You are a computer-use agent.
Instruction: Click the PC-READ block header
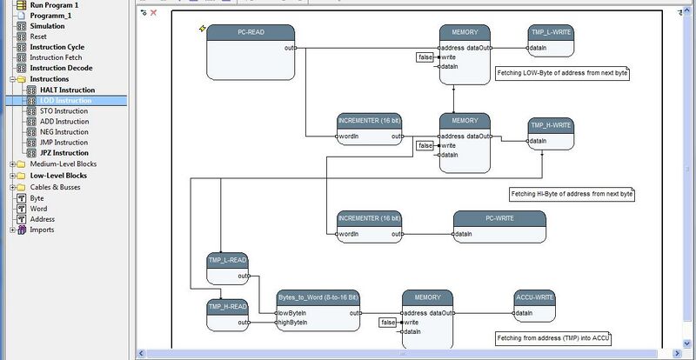[251, 32]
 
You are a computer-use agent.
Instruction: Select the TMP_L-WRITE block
[551, 40]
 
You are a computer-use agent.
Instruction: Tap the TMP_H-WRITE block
[551, 134]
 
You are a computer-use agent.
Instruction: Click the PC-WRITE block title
[499, 218]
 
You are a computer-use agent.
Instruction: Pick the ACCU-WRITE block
[534, 306]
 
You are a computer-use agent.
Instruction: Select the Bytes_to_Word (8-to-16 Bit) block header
[318, 297]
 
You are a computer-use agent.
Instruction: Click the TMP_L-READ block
[227, 269]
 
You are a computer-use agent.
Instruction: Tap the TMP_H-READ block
[227, 315]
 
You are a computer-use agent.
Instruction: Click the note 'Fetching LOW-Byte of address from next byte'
[562, 73]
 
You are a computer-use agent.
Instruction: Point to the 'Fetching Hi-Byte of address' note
[572, 194]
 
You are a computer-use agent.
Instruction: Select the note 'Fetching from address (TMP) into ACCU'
[553, 338]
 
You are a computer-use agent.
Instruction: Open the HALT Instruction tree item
[68, 90]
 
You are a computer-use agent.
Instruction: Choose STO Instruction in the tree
[64, 111]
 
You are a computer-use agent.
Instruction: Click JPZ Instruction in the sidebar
[64, 153]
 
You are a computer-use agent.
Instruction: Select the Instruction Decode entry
[61, 68]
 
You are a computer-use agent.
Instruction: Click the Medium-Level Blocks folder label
[64, 163]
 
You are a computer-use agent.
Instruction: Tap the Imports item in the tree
[42, 230]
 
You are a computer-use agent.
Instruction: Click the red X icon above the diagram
[154, 12]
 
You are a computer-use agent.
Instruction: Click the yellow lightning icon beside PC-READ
[203, 29]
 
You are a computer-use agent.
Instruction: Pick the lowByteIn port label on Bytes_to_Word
[292, 313]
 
